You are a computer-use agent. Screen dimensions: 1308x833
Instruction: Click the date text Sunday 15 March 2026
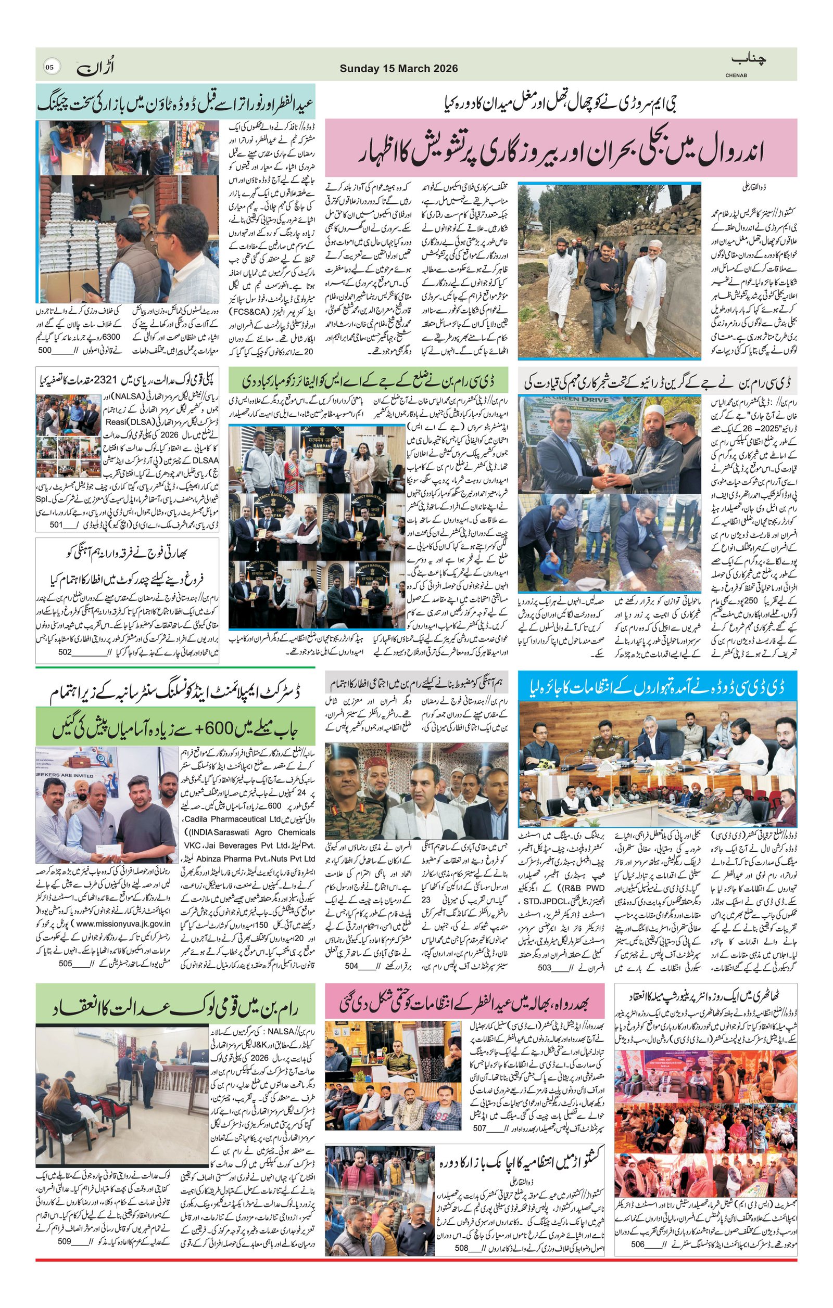pyautogui.click(x=398, y=69)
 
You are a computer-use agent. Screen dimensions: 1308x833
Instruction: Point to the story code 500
pyautogui.click(x=57, y=351)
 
